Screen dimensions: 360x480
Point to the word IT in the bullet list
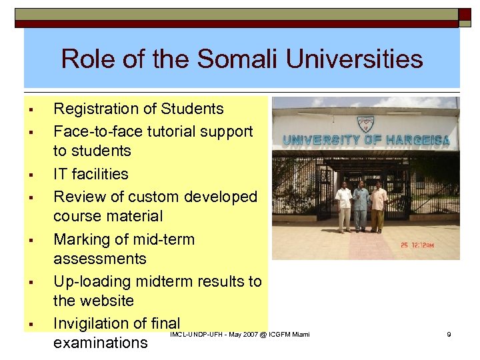[x=61, y=174]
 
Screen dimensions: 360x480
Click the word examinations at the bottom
[x=100, y=343]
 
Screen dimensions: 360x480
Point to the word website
[x=104, y=301]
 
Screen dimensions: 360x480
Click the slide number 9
[x=449, y=334]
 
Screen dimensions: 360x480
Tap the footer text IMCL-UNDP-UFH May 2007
[x=240, y=334]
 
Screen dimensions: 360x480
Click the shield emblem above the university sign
[x=365, y=123]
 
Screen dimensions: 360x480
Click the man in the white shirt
[x=344, y=206]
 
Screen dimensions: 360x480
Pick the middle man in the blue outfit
[x=361, y=206]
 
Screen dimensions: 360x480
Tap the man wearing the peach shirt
[x=378, y=206]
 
